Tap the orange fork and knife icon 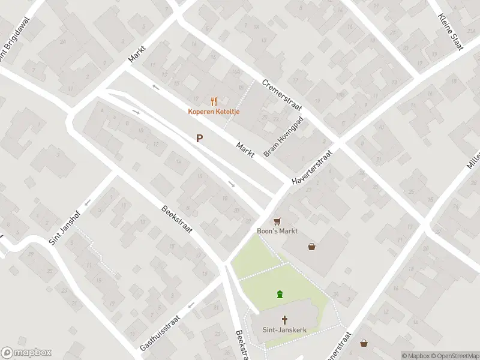tap(212, 101)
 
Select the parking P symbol tap(199, 138)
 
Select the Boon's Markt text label tap(277, 231)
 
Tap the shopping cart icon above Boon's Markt tap(277, 221)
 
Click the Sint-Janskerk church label tap(284, 329)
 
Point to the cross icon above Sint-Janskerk tap(284, 319)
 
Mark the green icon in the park tap(280, 294)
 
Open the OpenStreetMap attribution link tap(454, 356)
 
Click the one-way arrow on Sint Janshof tap(87, 202)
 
